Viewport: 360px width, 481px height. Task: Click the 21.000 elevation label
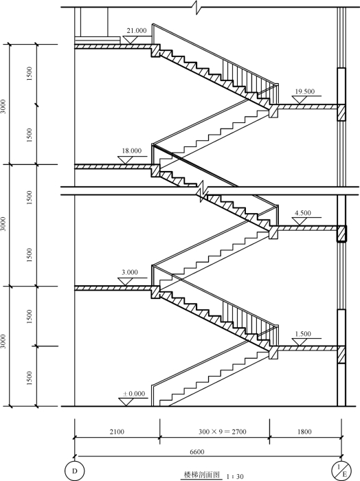137,30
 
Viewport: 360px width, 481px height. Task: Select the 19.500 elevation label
305,91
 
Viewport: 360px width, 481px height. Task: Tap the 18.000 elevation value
132,150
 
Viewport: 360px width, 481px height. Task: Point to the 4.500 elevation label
303,212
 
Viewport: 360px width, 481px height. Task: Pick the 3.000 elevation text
130,272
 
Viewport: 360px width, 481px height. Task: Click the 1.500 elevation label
303,334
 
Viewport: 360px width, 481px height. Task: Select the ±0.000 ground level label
134,394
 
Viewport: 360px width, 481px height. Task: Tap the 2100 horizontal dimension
117,432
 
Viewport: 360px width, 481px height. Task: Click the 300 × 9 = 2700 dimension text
223,432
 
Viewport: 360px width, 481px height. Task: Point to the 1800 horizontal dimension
304,432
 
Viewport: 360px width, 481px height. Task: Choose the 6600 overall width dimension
197,451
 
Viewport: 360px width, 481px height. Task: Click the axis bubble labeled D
74,471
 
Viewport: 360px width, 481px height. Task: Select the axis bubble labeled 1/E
341,471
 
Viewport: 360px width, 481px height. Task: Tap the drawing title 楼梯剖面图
202,475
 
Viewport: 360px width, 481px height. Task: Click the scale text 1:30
235,476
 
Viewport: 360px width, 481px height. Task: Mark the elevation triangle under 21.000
129,40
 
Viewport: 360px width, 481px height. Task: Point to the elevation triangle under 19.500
300,100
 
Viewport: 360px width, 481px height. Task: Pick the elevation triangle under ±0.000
126,402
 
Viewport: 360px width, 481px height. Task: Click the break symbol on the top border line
198,7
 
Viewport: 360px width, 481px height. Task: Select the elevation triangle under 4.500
300,221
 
